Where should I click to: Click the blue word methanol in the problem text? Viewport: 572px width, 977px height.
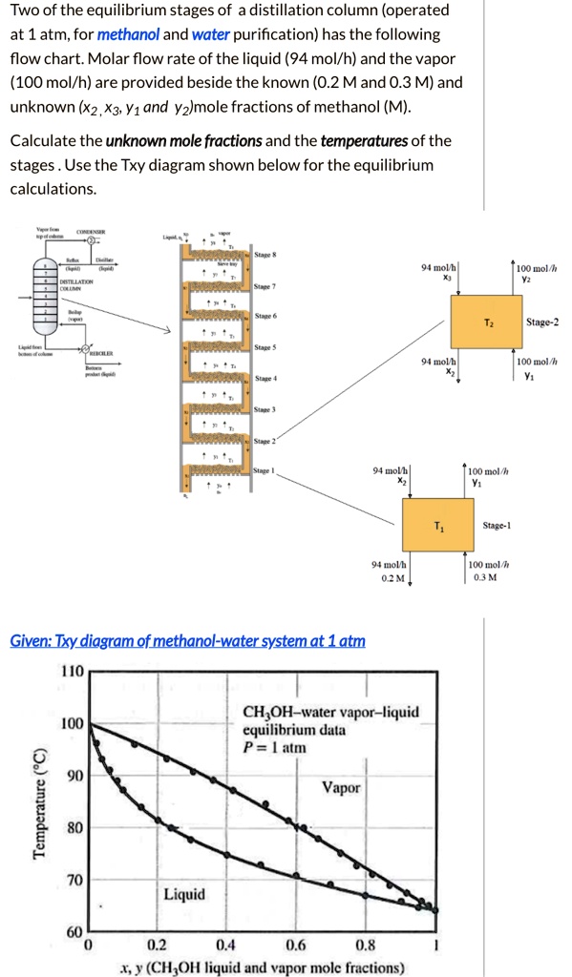point(129,34)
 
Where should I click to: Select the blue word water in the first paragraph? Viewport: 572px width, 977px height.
point(210,34)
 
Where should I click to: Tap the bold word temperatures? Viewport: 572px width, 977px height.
point(364,141)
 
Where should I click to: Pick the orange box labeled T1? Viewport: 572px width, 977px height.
point(436,527)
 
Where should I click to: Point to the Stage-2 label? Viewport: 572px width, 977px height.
point(542,322)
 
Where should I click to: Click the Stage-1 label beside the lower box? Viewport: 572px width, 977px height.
point(497,526)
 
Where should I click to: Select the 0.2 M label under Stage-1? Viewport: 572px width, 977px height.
point(392,579)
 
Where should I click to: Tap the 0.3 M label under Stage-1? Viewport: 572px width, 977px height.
point(484,579)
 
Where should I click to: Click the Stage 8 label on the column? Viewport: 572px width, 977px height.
point(265,255)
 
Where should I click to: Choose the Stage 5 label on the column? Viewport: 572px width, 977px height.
point(265,347)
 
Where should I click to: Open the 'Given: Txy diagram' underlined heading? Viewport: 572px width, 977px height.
point(187,641)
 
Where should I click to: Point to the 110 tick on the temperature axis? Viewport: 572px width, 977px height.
point(73,672)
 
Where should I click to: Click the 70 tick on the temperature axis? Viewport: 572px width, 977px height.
point(73,879)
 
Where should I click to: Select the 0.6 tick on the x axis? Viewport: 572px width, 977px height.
point(296,946)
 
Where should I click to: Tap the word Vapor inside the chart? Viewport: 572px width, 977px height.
point(341,788)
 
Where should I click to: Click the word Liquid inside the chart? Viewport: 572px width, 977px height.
point(183,894)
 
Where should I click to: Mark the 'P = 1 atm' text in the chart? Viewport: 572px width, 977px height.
point(275,747)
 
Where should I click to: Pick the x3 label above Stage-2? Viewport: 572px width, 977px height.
point(446,279)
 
